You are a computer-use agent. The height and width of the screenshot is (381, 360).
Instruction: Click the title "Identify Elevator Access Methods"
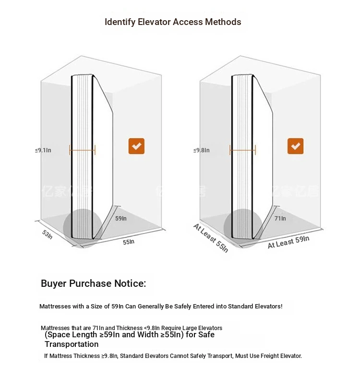tap(173, 22)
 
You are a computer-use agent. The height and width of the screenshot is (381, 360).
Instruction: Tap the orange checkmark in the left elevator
tap(136, 146)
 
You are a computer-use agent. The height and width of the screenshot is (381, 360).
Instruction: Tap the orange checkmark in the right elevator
tap(295, 146)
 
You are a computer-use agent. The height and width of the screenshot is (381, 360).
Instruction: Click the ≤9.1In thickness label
tap(43, 150)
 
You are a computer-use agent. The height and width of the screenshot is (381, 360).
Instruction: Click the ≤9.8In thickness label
tap(202, 150)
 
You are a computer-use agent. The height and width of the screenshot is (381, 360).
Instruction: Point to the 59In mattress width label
tap(121, 219)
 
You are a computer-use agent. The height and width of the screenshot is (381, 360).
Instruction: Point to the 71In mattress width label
tap(280, 219)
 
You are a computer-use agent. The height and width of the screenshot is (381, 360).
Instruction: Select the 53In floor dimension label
tap(47, 234)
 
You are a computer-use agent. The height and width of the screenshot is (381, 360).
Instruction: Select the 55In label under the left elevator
tap(129, 242)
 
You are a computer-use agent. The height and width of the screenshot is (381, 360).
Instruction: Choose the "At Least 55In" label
tap(211, 238)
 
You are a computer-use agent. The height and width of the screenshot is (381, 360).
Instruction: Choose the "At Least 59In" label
tap(288, 242)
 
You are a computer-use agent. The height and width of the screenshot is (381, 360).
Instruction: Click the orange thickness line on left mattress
tap(82, 150)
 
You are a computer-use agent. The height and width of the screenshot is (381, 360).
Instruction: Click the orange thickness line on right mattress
tap(242, 150)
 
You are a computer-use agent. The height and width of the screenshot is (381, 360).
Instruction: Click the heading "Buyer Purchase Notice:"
tap(94, 283)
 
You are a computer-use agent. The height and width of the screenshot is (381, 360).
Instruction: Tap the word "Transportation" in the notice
tap(72, 344)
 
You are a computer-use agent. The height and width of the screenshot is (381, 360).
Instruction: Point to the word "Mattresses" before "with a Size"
tap(55, 307)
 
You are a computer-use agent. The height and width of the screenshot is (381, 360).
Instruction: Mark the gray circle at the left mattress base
tap(83, 228)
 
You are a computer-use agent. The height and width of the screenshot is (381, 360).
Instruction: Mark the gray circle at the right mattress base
tap(243, 228)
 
